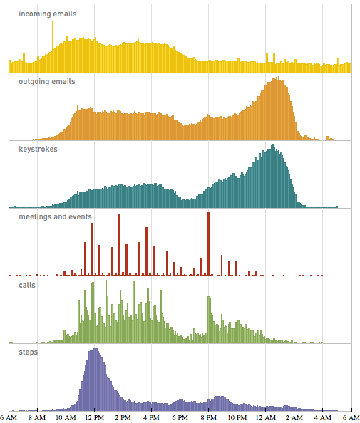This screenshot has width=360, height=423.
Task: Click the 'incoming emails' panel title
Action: [48, 14]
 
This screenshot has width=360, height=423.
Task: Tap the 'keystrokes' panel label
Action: [38, 149]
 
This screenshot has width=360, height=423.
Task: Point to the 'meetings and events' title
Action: [56, 216]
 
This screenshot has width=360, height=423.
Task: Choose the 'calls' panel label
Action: [27, 284]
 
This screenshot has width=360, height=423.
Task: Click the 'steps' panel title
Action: [27, 352]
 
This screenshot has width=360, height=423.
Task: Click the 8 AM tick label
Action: [37, 418]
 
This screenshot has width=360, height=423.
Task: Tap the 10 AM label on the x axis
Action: [66, 418]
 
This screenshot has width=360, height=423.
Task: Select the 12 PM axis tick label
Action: [94, 418]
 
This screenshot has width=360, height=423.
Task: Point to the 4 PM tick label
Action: [151, 418]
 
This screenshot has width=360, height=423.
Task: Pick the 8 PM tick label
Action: [209, 418]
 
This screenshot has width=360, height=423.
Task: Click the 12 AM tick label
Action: [266, 418]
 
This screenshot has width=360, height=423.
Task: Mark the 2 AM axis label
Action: [294, 418]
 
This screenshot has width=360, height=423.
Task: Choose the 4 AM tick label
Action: [323, 418]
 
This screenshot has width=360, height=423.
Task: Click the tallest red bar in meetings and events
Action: [208, 242]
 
